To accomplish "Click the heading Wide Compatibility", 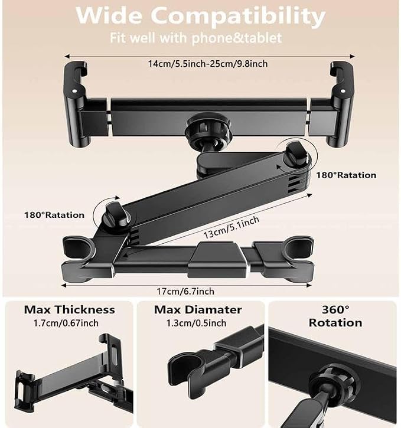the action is pyautogui.click(x=200, y=15).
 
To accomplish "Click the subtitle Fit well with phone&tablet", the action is pyautogui.click(x=195, y=38).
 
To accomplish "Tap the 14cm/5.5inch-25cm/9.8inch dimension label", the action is pyautogui.click(x=208, y=64).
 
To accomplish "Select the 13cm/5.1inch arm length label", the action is pyautogui.click(x=231, y=227).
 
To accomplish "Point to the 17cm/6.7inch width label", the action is pyautogui.click(x=185, y=291).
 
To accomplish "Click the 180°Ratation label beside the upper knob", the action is pyautogui.click(x=346, y=175).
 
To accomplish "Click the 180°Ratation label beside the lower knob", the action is pyautogui.click(x=54, y=215).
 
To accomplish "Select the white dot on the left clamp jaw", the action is pyautogui.click(x=74, y=91).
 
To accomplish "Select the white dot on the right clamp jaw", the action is pyautogui.click(x=343, y=91).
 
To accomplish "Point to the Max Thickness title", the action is pyautogui.click(x=69, y=310).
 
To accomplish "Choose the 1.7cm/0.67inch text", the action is pyautogui.click(x=66, y=323).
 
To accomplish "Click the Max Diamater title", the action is pyautogui.click(x=198, y=310).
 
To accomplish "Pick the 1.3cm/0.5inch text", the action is pyautogui.click(x=196, y=323).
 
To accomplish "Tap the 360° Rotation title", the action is pyautogui.click(x=335, y=316).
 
